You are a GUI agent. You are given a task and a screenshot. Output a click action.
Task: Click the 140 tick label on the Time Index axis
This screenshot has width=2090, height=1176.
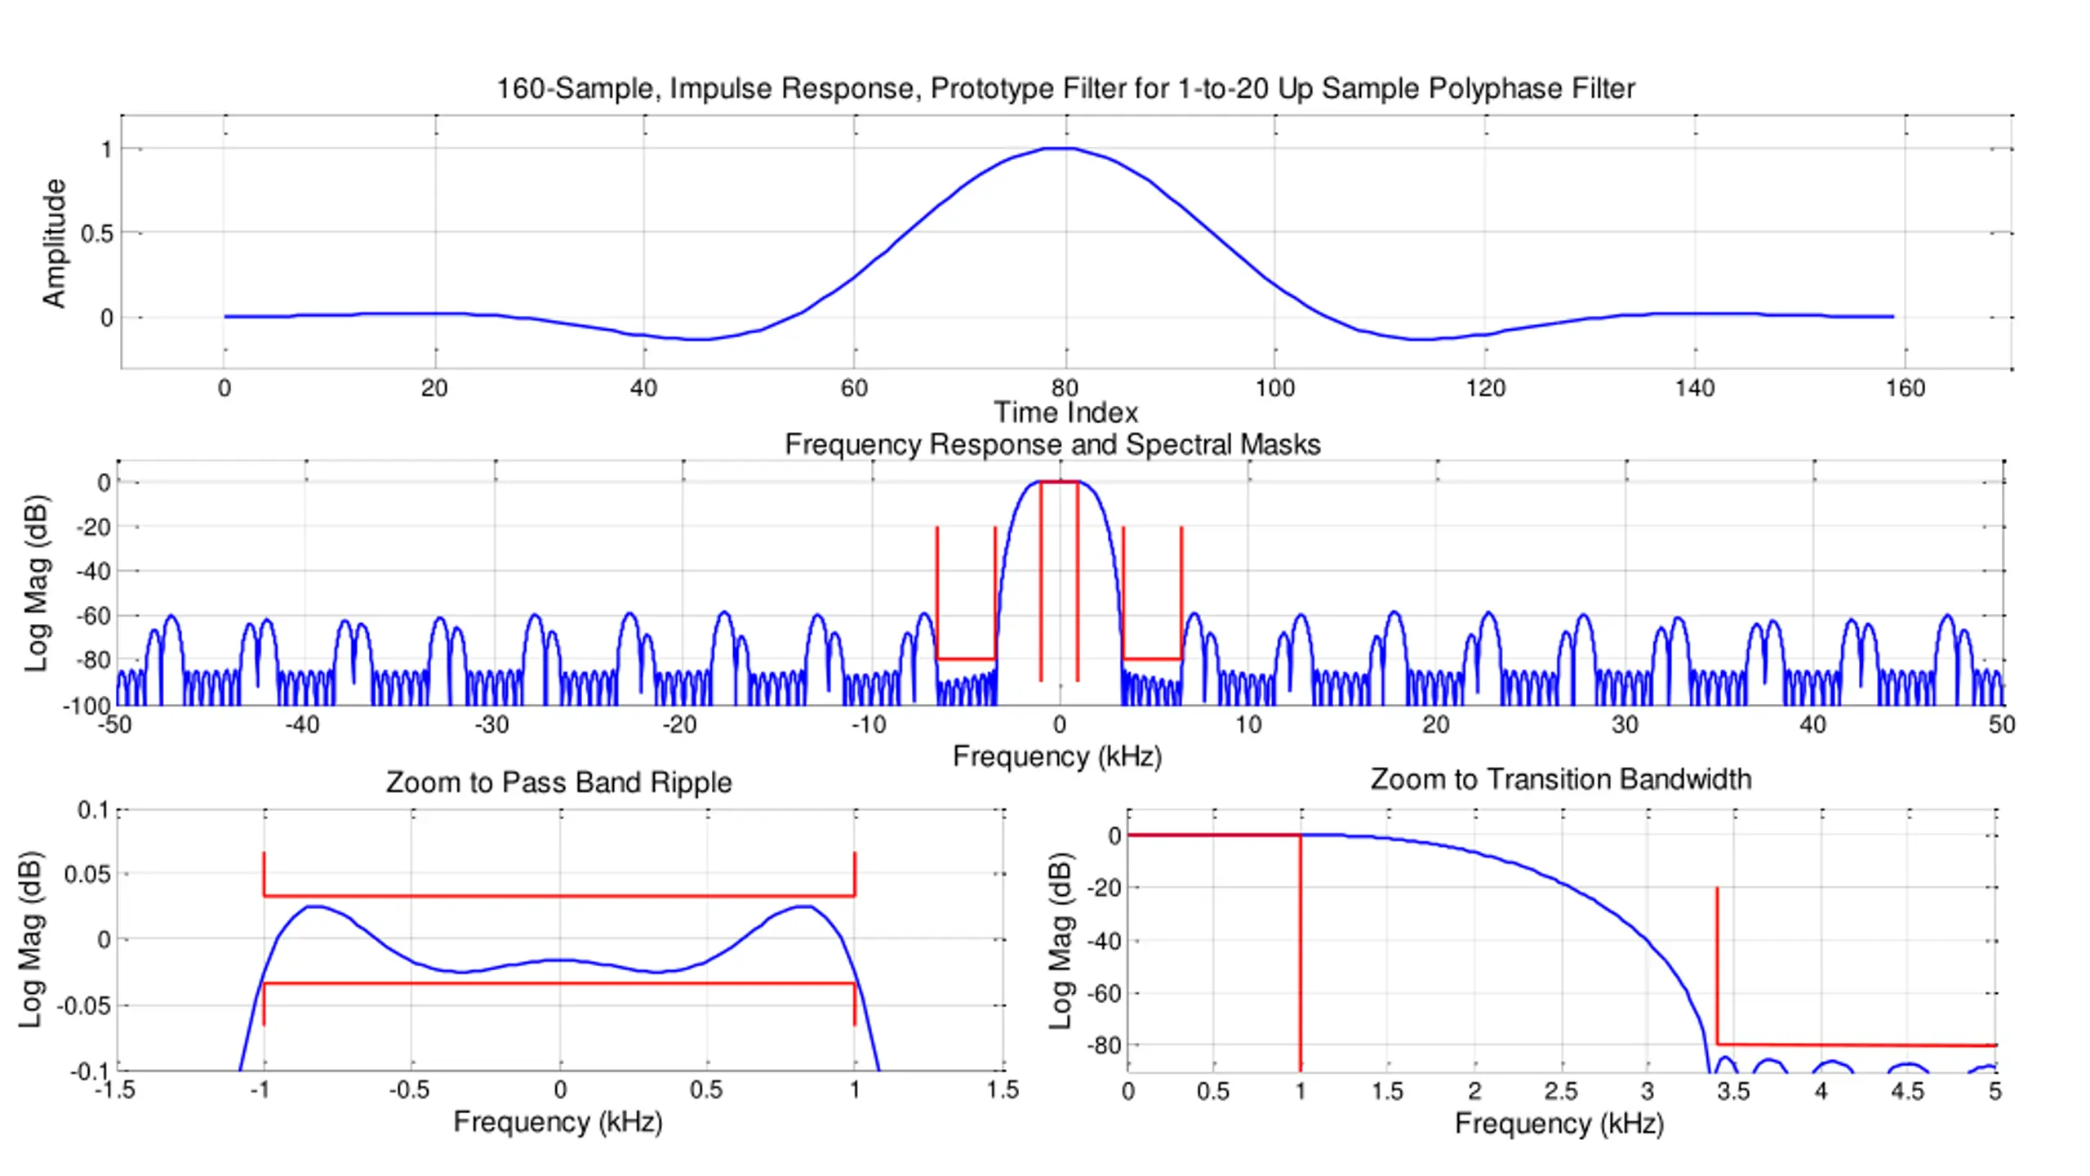click(1695, 388)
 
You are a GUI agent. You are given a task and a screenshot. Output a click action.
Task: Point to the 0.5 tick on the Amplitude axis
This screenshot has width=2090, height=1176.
click(96, 234)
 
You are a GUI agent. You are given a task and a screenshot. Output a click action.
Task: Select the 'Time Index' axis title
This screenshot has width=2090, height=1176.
click(1065, 412)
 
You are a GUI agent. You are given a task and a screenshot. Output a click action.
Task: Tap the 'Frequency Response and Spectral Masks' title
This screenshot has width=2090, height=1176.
click(1052, 444)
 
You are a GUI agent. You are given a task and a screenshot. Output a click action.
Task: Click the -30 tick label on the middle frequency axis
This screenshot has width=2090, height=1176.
click(491, 724)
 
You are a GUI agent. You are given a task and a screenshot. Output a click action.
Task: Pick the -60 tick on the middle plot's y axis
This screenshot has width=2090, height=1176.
click(93, 616)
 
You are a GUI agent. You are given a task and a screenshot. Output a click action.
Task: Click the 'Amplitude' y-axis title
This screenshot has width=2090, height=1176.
click(54, 243)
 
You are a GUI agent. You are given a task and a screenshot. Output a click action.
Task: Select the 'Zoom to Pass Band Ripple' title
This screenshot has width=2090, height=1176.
click(558, 782)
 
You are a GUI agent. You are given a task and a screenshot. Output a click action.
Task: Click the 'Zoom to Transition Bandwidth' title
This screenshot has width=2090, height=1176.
click(1560, 779)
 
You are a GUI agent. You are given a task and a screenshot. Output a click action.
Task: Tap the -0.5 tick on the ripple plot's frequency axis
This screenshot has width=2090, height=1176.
click(409, 1090)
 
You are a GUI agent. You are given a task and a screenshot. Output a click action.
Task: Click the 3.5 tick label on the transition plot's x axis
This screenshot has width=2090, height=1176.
click(1733, 1091)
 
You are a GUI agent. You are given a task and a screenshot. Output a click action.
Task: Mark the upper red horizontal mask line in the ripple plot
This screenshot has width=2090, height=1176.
click(559, 896)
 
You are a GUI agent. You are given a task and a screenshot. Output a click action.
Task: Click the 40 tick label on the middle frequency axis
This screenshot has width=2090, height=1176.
click(1812, 724)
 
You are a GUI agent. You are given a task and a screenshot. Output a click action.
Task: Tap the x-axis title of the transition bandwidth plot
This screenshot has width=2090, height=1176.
click(1559, 1124)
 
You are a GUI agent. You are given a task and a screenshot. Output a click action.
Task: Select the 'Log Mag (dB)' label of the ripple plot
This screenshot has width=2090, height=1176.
click(30, 939)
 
